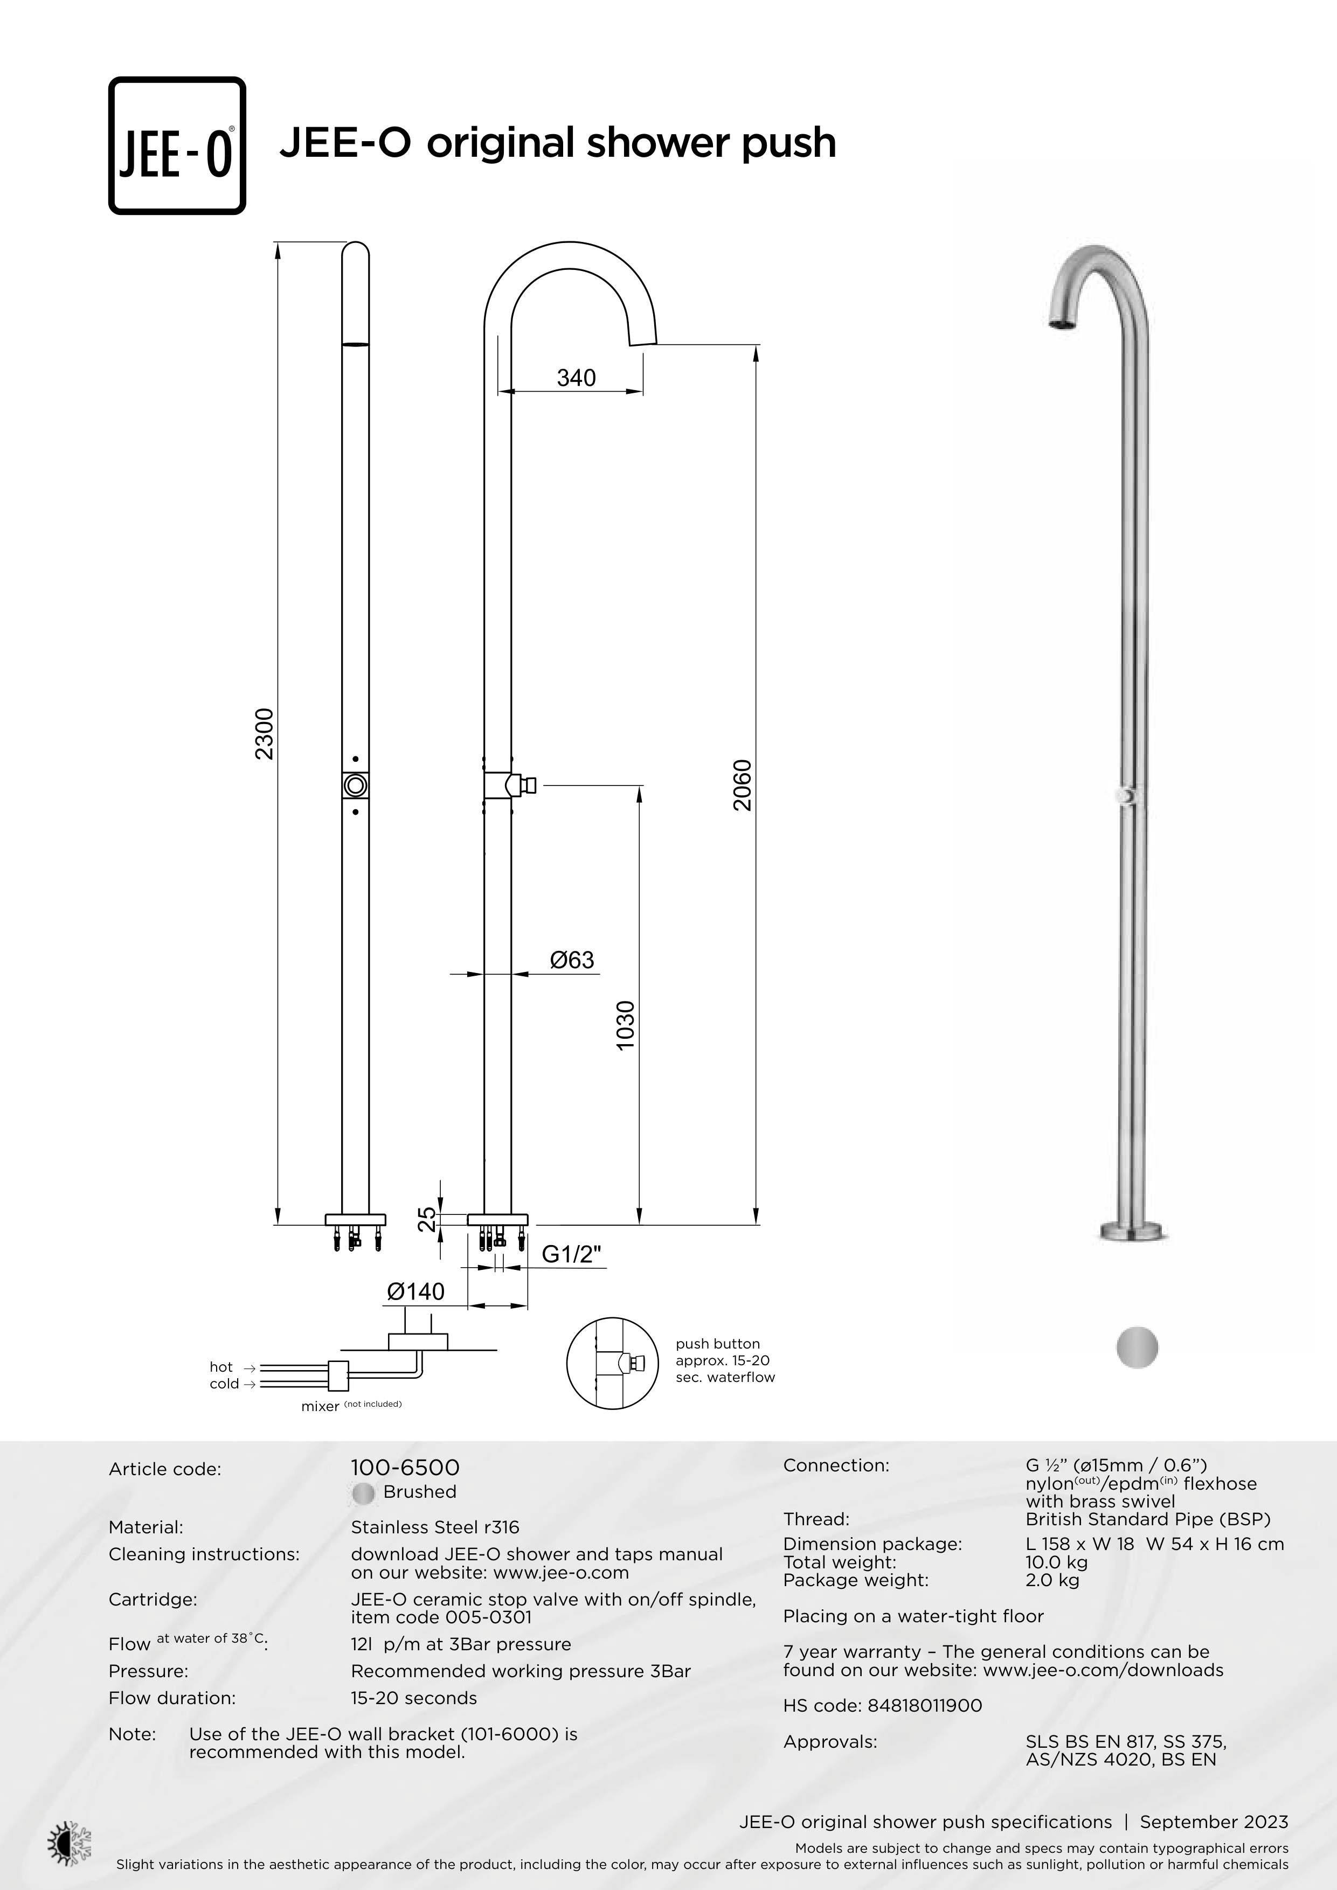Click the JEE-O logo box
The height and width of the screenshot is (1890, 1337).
pos(177,145)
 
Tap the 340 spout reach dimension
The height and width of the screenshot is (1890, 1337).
pos(576,378)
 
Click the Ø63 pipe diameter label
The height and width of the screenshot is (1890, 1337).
pos(572,960)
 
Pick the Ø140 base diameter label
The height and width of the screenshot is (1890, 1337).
pos(415,1291)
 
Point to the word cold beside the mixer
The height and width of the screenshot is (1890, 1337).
pos(224,1384)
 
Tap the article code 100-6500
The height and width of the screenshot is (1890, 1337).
pos(405,1468)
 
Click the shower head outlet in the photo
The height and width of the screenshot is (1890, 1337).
pos(1063,326)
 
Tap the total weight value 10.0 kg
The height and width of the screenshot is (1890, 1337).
pos(1056,1562)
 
